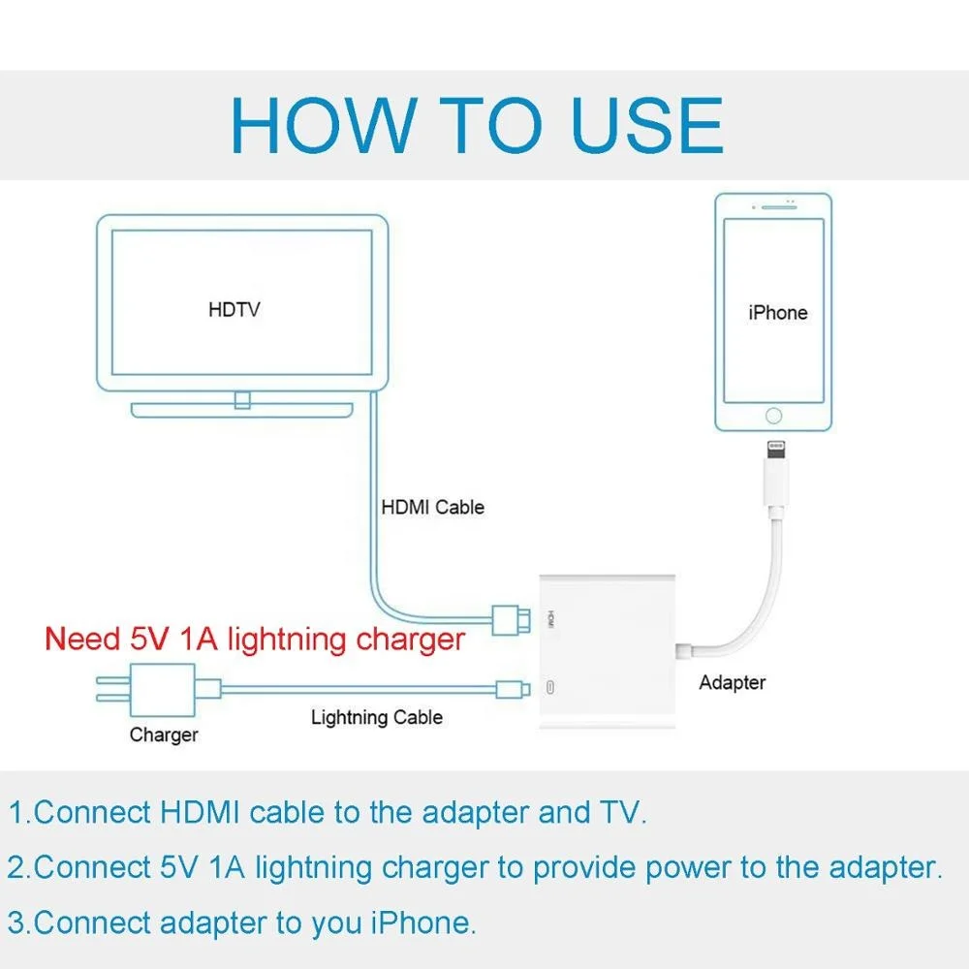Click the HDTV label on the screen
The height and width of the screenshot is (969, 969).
tap(234, 310)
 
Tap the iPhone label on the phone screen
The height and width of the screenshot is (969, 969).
tap(777, 312)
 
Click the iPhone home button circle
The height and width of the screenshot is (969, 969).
tap(773, 416)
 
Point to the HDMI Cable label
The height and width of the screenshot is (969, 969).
tap(432, 507)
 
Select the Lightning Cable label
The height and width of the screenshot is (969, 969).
tap(377, 718)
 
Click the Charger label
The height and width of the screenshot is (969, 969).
tap(164, 735)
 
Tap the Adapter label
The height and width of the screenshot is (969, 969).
tap(733, 682)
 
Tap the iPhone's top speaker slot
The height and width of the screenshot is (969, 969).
tap(773, 206)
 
